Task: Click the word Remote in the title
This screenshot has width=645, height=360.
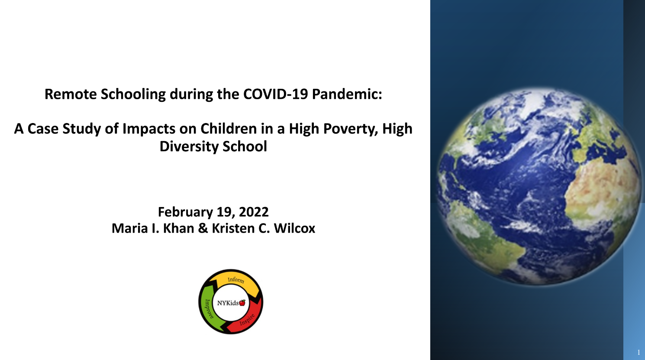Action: coord(71,94)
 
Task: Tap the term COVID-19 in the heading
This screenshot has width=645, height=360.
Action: coord(276,94)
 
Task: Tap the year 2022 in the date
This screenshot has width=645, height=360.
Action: coord(254,212)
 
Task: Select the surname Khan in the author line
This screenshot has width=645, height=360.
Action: coord(178,228)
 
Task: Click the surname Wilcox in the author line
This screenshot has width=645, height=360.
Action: coord(294,228)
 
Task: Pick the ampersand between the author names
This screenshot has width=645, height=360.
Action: coord(203,228)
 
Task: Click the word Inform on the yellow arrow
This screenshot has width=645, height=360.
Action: coord(236,280)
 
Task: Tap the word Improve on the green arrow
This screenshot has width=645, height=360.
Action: coord(209,309)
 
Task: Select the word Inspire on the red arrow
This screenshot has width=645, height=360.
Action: coord(247,320)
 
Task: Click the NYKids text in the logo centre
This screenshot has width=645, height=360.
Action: coord(228,303)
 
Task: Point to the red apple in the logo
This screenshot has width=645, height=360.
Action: coord(242,303)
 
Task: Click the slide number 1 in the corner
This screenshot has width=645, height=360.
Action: coord(639,352)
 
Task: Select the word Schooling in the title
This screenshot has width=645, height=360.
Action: coord(133,94)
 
